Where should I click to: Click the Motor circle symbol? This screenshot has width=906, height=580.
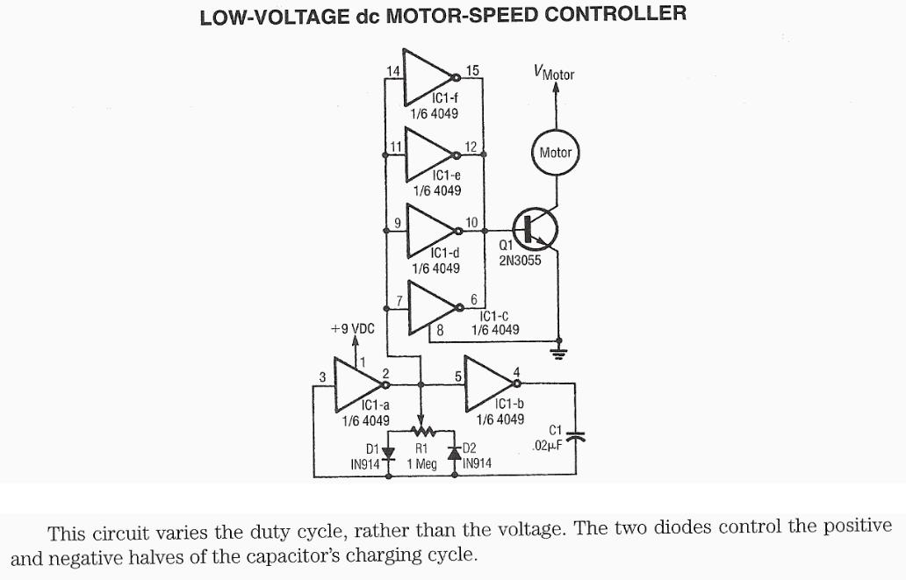555,153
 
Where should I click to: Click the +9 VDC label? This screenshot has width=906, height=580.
351,329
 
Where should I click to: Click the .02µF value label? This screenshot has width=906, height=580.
547,446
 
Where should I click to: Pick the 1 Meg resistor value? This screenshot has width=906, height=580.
421,462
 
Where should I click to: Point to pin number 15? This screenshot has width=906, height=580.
472,70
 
